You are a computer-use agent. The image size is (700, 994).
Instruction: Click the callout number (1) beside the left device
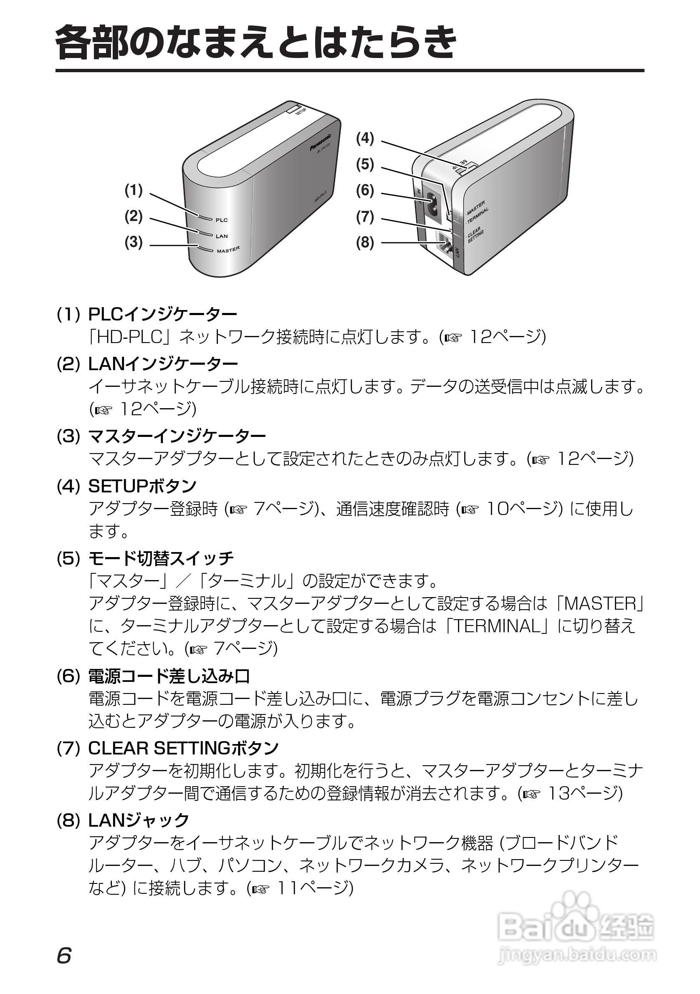[x=134, y=190]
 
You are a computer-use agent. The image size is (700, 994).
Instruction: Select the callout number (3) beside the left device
[x=134, y=242]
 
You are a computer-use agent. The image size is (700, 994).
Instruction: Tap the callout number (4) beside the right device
[x=365, y=139]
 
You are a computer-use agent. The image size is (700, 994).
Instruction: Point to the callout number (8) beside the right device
[x=365, y=243]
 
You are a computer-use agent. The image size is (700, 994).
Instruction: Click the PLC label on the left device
[x=221, y=220]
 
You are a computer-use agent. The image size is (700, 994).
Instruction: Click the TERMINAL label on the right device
[x=478, y=215]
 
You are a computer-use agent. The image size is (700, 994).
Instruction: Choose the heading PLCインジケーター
[x=162, y=314]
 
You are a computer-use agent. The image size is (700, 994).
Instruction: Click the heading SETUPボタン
[x=142, y=486]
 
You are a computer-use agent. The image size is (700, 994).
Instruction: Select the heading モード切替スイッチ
[x=161, y=558]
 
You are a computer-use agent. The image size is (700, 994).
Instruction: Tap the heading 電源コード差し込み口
[x=169, y=676]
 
